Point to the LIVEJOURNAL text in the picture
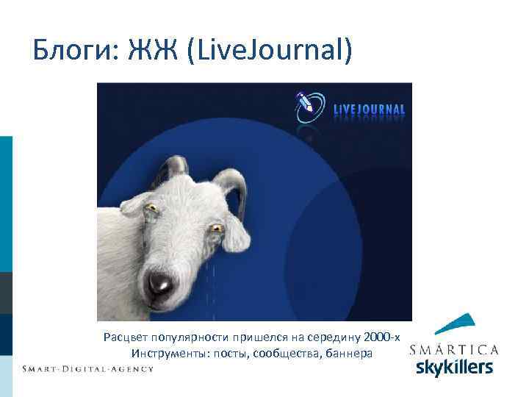(369, 110)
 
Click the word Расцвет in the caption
(126, 337)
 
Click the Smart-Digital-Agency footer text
(87, 368)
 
